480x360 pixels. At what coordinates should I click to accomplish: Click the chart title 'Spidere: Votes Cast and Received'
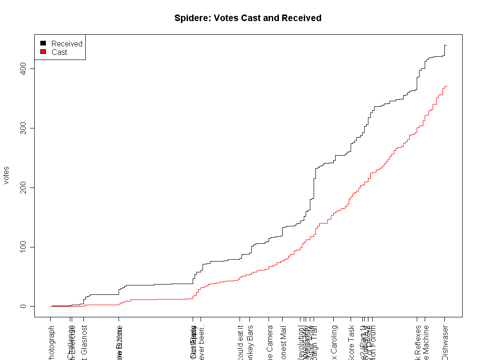247,18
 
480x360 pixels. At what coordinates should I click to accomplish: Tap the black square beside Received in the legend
43,44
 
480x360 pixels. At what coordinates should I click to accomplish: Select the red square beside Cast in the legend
43,52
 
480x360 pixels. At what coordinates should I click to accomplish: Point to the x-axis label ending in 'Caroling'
334,343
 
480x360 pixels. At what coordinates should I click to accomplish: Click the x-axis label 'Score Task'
351,343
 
